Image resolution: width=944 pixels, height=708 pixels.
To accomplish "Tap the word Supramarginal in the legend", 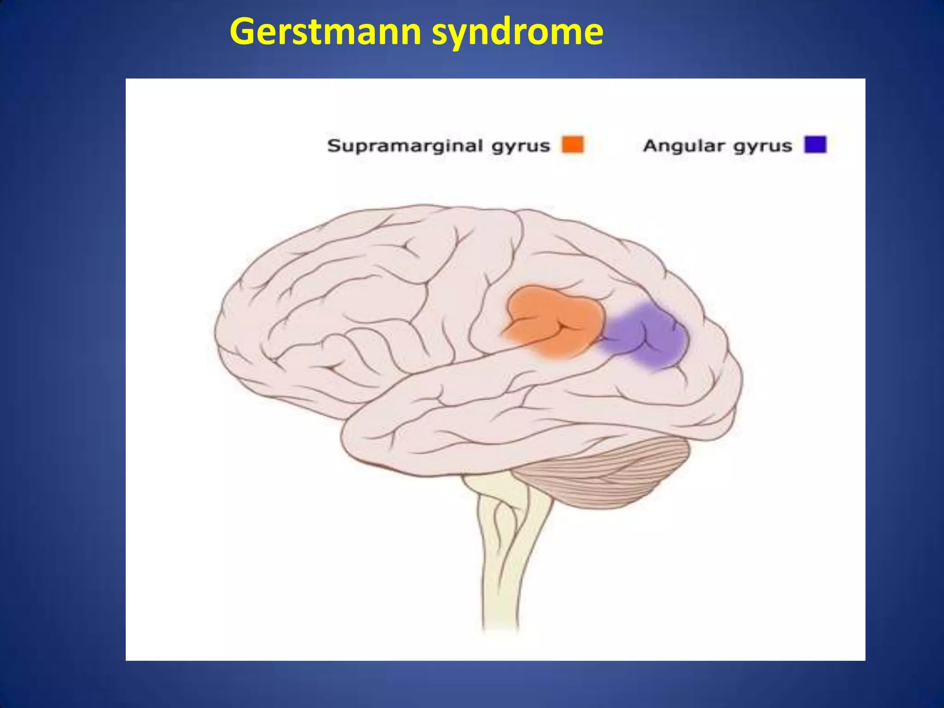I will pyautogui.click(x=405, y=146).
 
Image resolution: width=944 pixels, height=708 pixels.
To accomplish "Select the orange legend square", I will pyautogui.click(x=572, y=144).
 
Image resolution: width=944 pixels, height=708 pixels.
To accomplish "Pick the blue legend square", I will pyautogui.click(x=815, y=144).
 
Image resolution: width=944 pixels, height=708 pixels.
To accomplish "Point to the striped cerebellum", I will pyautogui.click(x=608, y=475).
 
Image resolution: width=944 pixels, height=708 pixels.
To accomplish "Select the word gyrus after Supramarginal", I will pyautogui.click(x=520, y=147).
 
